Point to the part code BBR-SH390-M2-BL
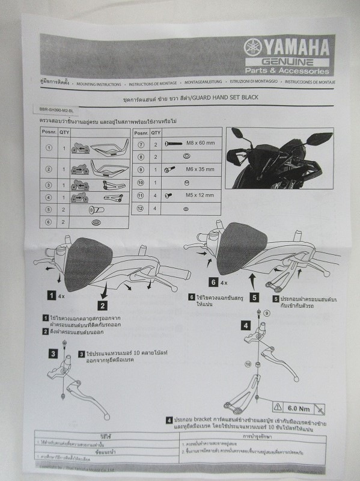click(x=55, y=111)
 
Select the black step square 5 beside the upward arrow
click(x=254, y=296)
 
